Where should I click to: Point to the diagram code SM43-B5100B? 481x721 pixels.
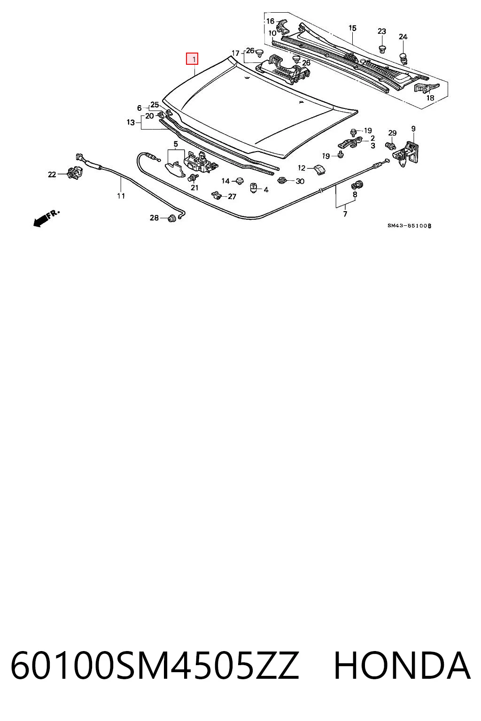pos(409,226)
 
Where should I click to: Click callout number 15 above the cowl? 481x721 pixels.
pos(352,28)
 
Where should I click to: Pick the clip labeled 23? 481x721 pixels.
pos(382,48)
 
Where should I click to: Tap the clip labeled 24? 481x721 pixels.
pos(403,58)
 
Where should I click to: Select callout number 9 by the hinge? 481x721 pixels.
pos(413,129)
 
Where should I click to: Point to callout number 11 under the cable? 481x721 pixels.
pos(121,196)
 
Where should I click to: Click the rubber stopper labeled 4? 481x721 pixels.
pos(254,188)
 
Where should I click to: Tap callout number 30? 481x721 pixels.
pos(300,181)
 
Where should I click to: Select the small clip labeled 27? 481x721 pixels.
pos(217,195)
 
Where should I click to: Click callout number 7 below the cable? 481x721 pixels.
pos(345,214)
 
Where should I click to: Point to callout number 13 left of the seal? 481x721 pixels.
pos(131,123)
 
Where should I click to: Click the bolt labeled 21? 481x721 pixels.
pos(194,177)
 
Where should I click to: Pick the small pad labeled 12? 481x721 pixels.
pos(318,169)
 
